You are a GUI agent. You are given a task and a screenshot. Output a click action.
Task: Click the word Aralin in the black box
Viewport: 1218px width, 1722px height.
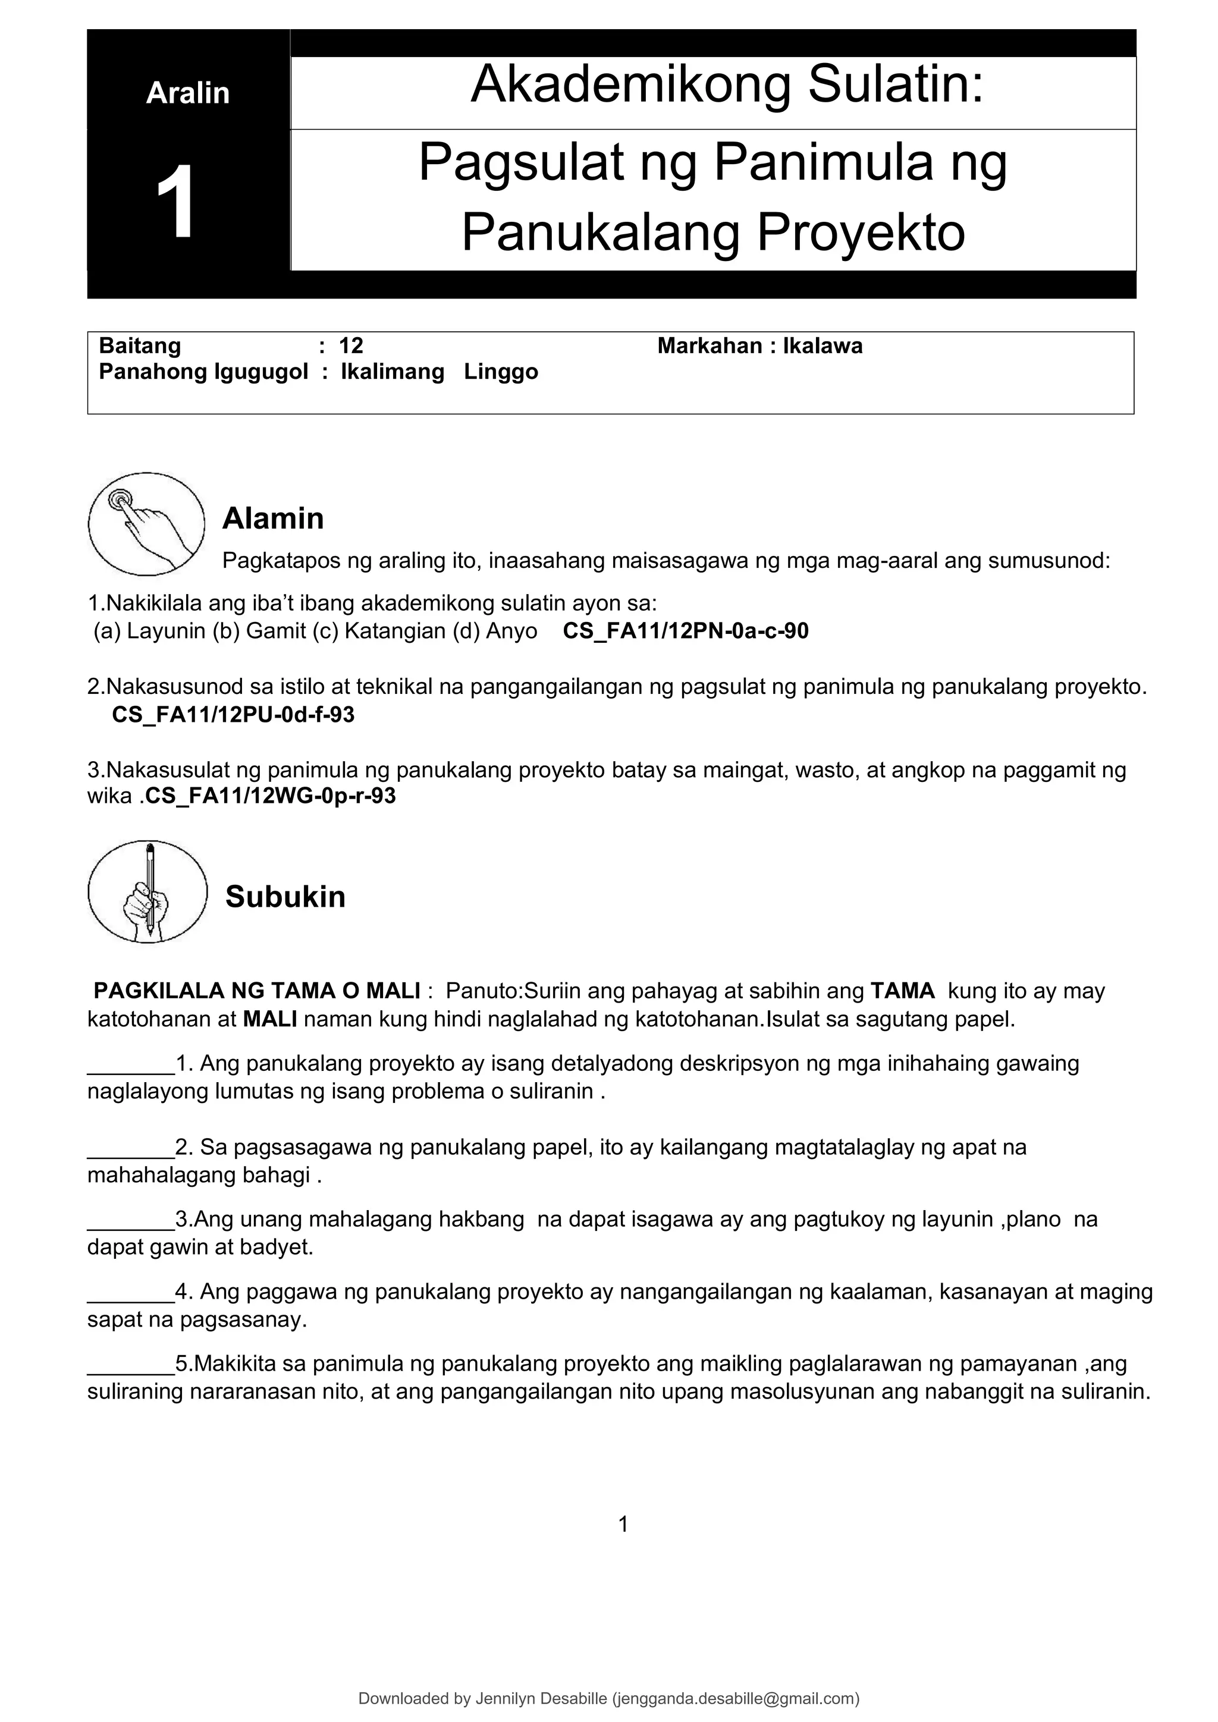click(x=187, y=93)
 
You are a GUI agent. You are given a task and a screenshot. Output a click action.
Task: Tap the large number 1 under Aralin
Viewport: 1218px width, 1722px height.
click(x=176, y=202)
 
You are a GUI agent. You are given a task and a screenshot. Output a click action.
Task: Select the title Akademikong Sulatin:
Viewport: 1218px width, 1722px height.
click(x=726, y=85)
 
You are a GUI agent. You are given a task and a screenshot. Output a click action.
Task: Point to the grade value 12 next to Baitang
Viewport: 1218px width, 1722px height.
click(x=351, y=345)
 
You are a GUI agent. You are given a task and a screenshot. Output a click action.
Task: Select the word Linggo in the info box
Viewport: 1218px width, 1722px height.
click(x=501, y=372)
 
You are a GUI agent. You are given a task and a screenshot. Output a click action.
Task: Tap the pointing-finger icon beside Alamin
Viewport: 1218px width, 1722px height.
click(x=146, y=523)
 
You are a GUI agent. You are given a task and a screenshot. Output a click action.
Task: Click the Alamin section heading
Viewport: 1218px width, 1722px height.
click(x=273, y=519)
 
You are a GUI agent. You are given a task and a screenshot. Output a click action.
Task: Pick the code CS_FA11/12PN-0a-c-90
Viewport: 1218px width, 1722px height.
click(x=686, y=631)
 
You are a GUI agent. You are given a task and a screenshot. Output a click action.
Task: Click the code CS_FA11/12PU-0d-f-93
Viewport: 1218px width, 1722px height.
click(x=233, y=715)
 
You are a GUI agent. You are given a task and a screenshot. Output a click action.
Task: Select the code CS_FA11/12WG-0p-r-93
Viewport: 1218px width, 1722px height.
click(x=270, y=796)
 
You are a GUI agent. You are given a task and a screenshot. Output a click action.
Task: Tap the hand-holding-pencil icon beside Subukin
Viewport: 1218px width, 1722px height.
click(x=147, y=892)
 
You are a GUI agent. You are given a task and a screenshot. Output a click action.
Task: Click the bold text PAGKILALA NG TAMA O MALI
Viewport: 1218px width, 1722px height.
click(x=256, y=991)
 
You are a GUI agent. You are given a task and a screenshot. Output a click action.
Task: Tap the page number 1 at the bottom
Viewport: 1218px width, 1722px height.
click(x=623, y=1524)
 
